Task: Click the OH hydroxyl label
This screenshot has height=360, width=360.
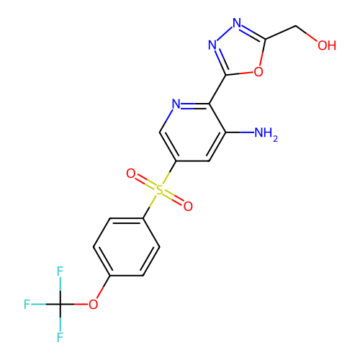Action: [x=327, y=45]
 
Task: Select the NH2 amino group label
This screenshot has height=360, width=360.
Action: [x=266, y=133]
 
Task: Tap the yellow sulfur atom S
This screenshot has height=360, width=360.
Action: [x=159, y=190]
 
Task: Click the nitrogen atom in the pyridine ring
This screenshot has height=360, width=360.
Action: [x=176, y=104]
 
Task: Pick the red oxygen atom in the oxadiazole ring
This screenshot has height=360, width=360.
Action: [x=258, y=71]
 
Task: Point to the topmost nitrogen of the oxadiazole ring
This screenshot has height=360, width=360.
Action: [x=237, y=23]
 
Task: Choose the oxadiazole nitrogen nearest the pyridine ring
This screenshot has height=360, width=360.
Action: [x=212, y=45]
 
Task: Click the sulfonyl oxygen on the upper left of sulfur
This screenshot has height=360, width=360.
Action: [x=131, y=174]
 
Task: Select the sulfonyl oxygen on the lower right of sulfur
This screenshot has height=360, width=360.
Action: [x=188, y=207]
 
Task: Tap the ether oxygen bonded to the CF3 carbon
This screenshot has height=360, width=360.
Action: [x=93, y=305]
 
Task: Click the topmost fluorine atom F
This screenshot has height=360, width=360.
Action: [x=60, y=271]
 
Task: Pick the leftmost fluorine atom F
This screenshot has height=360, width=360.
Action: [x=27, y=305]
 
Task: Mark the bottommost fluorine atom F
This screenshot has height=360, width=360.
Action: [x=60, y=337]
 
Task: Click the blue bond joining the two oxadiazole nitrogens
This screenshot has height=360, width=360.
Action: [x=225, y=34]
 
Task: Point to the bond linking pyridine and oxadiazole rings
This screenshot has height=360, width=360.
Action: [x=217, y=89]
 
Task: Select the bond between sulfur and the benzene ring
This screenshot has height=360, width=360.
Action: [x=149, y=207]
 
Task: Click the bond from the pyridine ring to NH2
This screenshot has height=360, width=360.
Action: [x=240, y=132]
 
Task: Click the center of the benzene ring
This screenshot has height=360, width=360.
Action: [x=127, y=247]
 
